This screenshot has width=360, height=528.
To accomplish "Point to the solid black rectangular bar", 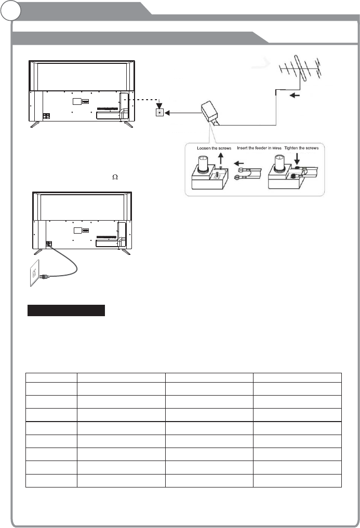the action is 66,310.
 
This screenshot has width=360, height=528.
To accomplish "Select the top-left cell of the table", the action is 51,377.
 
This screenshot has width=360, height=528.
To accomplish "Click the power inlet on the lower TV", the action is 50,243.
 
